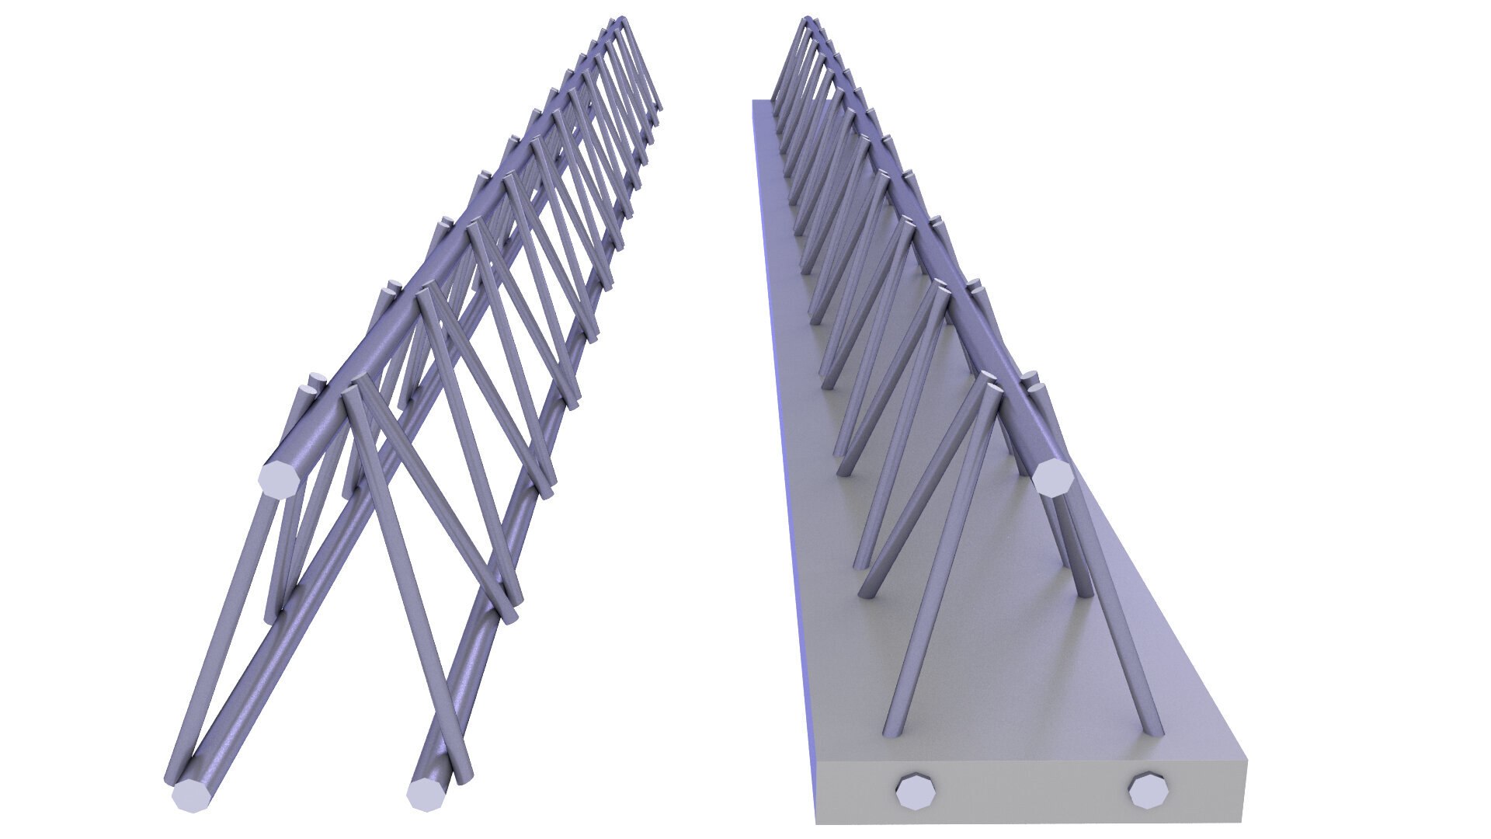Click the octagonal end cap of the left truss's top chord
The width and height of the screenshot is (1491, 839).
click(278, 479)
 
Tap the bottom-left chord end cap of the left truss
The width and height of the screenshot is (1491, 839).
click(190, 795)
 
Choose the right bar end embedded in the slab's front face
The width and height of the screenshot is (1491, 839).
click(1149, 793)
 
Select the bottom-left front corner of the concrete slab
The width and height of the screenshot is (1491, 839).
click(817, 823)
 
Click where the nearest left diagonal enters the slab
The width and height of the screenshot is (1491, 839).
click(891, 731)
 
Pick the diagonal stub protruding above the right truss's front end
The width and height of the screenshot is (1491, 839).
click(1033, 381)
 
